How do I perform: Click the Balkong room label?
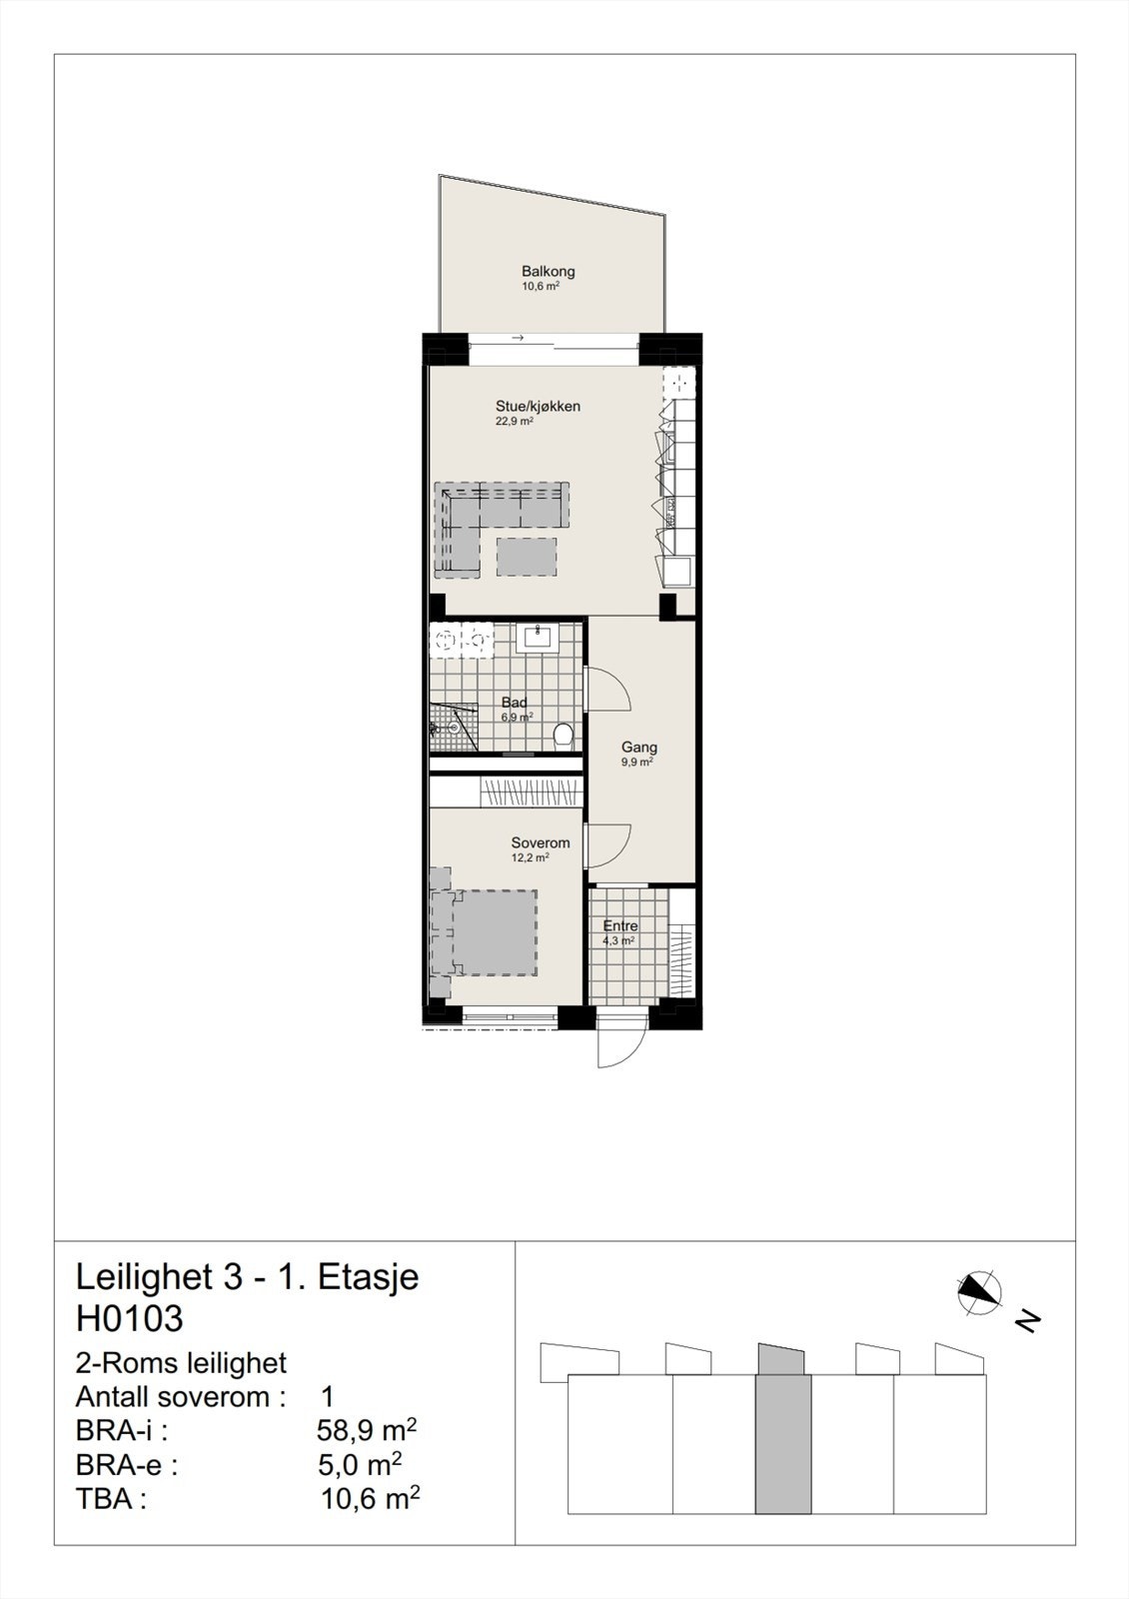pos(548,271)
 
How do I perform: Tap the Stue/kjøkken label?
pos(538,407)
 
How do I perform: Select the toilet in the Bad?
pos(563,736)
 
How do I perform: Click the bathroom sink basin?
pos(539,637)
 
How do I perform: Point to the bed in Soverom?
pos(490,932)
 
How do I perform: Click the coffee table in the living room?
pos(526,557)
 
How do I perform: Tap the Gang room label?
pos(639,747)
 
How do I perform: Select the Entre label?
pos(620,925)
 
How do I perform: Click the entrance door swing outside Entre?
pos(619,1044)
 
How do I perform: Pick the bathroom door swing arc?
pos(607,690)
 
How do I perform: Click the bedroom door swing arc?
pos(607,845)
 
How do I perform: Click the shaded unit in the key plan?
pos(782,1439)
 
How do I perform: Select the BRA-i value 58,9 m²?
pos(366,1430)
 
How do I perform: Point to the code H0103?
pos(130,1318)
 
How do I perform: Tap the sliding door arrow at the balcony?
pos(518,339)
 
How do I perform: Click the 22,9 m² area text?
pos(515,422)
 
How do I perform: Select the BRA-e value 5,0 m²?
pos(359,1465)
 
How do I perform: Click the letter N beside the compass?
pos(1027,1321)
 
